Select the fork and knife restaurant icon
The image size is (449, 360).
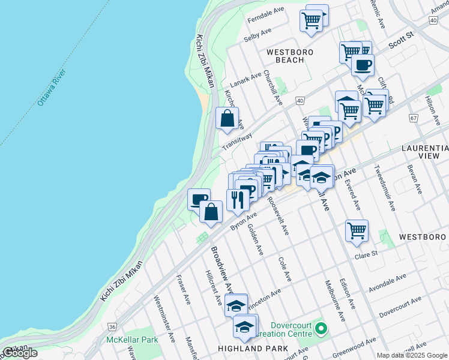(x=238, y=199)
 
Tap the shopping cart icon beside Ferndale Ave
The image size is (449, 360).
(x=312, y=20)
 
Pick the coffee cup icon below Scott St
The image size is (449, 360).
(x=363, y=65)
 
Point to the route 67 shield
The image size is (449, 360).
(x=414, y=118)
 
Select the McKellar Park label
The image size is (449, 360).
(x=132, y=340)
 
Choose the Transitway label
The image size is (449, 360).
(x=237, y=141)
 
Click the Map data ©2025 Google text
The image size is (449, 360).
(x=411, y=355)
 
